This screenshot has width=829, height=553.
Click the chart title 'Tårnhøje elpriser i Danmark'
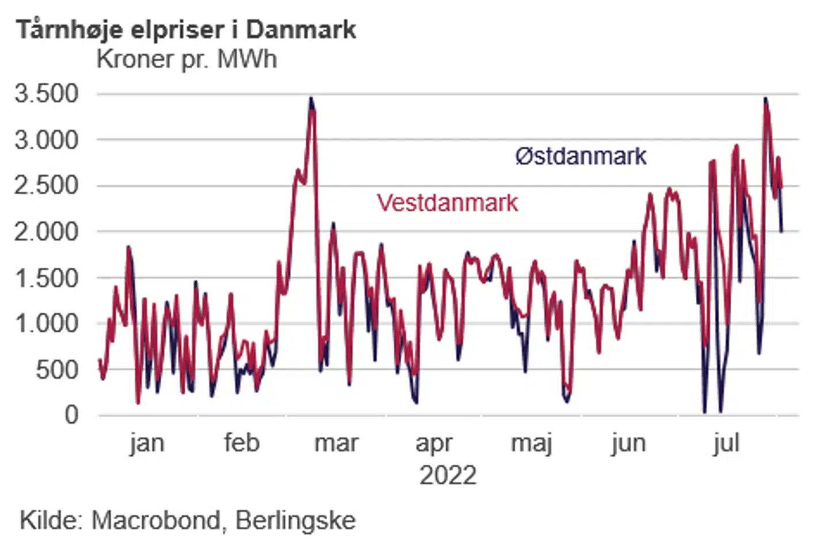coord(186,29)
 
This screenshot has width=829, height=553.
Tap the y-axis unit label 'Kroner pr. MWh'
coord(187,59)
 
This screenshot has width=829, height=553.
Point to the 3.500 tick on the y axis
coord(47,93)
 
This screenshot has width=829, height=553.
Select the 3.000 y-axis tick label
coord(47,139)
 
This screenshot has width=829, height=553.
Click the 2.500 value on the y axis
coord(47,185)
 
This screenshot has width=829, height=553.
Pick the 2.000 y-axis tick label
coord(47,232)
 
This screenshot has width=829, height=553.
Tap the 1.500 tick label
coord(47,278)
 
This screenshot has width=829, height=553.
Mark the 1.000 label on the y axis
coord(47,323)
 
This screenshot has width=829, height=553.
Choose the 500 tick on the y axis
coord(57,369)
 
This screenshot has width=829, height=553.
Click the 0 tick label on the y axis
coord(71,415)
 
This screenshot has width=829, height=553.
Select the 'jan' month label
coord(147,443)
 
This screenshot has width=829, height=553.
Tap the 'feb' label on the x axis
coord(242,443)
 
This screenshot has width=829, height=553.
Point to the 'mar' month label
coord(337,443)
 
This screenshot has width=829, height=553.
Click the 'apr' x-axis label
coord(434,444)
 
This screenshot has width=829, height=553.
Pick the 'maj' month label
coord(532,444)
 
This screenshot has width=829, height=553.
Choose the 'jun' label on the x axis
coord(629,444)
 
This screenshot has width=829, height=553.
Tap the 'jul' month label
coord(726,444)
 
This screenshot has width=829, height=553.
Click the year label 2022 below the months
coord(448,476)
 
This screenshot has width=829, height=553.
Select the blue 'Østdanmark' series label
coord(581,156)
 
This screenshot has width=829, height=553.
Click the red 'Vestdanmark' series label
coord(447,203)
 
